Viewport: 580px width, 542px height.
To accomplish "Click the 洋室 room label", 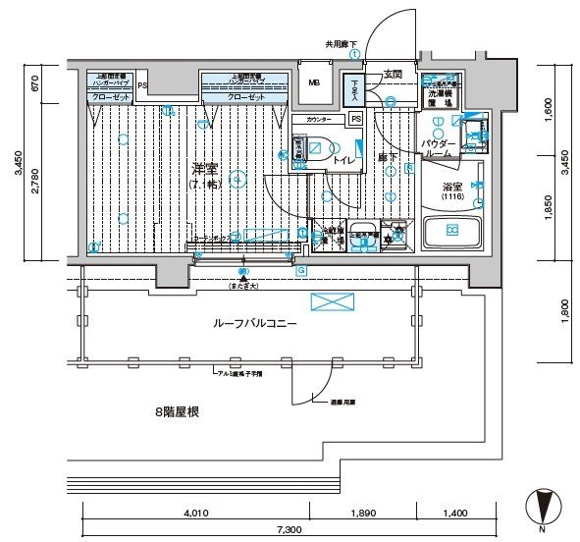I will coord(205,169).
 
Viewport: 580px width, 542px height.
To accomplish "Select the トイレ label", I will coord(343,158).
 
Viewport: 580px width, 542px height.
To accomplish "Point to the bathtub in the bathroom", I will coord(452,232).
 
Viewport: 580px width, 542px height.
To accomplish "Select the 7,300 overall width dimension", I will coord(288,530).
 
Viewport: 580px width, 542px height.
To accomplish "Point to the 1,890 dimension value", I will coord(363,513).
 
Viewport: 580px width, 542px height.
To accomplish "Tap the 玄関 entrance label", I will coord(393,74).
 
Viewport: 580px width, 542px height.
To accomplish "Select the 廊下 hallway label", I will coord(387,157).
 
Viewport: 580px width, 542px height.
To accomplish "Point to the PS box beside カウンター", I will coord(355,119).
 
